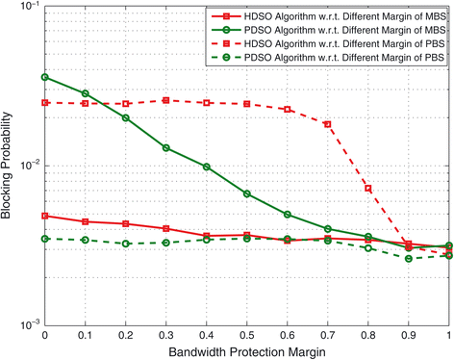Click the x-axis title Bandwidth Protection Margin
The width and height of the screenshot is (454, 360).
click(x=246, y=351)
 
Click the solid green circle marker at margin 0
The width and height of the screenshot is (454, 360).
click(x=44, y=77)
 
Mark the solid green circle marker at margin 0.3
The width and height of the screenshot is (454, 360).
click(x=165, y=148)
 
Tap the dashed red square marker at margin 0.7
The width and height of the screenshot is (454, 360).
click(x=327, y=124)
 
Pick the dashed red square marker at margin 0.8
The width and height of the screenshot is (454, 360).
click(x=367, y=189)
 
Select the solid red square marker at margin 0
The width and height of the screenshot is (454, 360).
click(x=44, y=216)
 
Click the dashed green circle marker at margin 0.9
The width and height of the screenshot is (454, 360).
click(x=408, y=259)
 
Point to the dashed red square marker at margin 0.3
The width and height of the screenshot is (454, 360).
click(x=165, y=100)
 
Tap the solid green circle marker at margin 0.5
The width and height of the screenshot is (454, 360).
click(x=246, y=193)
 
